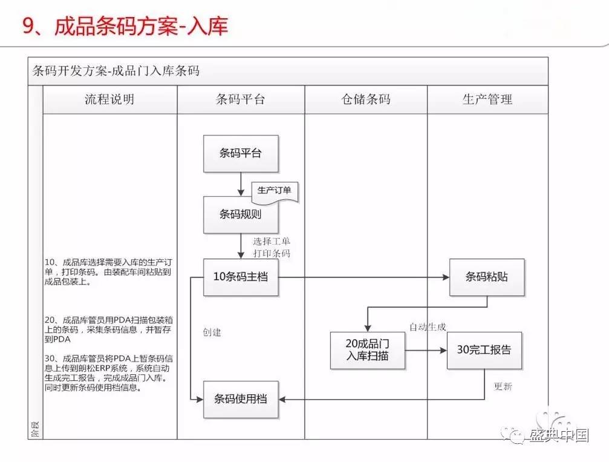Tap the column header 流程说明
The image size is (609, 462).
coord(109,100)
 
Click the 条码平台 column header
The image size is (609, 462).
coord(240,100)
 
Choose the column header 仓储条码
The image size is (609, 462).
coord(366,100)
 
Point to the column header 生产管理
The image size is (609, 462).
coord(487,100)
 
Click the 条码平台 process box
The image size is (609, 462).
coord(241,153)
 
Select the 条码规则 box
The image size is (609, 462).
coord(241,214)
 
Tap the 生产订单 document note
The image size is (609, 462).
coord(275,191)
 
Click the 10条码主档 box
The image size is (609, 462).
coord(241,277)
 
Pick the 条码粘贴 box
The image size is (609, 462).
coord(487,277)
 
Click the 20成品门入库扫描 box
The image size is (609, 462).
coord(367,350)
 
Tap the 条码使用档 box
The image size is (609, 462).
coord(241,399)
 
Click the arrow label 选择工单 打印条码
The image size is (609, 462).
coord(272,248)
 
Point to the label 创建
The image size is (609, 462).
coord(212,332)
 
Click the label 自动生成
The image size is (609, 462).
coord(428,327)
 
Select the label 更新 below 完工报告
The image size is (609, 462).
coord(503,386)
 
